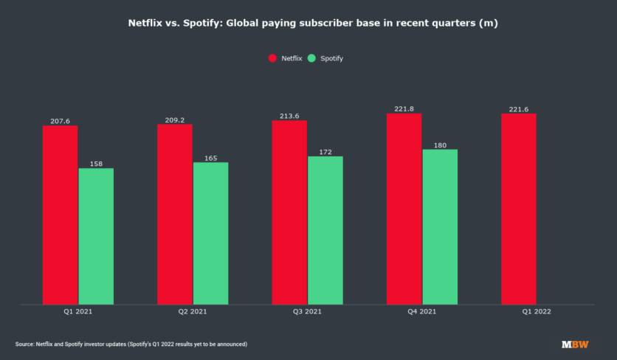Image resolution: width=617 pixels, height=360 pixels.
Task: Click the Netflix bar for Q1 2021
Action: (60, 215)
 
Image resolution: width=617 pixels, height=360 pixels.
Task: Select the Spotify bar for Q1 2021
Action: (96, 236)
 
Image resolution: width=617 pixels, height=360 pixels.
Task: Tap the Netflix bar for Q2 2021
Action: (174, 214)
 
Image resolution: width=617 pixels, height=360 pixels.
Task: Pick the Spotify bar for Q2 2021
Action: (210, 233)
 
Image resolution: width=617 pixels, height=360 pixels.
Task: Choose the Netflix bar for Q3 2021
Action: (289, 212)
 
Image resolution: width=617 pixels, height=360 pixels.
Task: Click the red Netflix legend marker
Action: (272, 58)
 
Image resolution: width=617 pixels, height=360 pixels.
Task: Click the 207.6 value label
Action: (60, 121)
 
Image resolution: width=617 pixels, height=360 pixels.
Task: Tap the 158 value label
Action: (96, 164)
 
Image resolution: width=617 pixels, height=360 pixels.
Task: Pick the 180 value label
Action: (440, 145)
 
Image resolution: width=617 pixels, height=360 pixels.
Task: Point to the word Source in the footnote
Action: (25, 345)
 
